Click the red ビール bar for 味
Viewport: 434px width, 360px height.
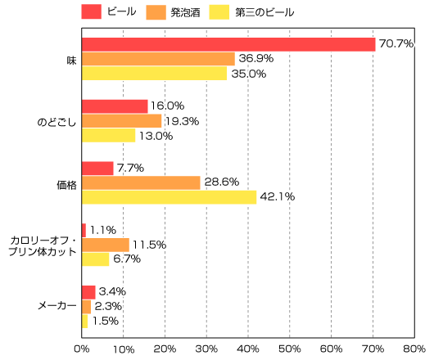(228, 44)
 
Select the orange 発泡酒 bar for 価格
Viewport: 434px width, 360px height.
(141, 182)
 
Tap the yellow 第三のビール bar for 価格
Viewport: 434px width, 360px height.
(169, 197)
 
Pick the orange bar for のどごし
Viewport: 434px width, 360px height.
(122, 121)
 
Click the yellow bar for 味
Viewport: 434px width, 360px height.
(154, 74)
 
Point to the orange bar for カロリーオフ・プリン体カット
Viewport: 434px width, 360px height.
(106, 245)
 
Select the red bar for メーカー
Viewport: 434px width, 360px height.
(88, 291)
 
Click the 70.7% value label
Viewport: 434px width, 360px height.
(396, 44)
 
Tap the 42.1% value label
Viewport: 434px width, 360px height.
(278, 197)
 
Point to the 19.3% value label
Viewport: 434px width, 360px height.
(182, 121)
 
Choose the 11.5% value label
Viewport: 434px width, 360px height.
(150, 245)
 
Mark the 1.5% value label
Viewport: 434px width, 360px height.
(105, 321)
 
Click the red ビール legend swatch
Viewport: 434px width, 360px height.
(91, 12)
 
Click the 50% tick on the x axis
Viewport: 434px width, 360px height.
(289, 349)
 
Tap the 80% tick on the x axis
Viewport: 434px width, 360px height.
(414, 349)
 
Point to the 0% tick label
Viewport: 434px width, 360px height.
(82, 349)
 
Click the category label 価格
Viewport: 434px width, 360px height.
(66, 183)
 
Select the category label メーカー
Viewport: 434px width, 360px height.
(57, 306)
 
